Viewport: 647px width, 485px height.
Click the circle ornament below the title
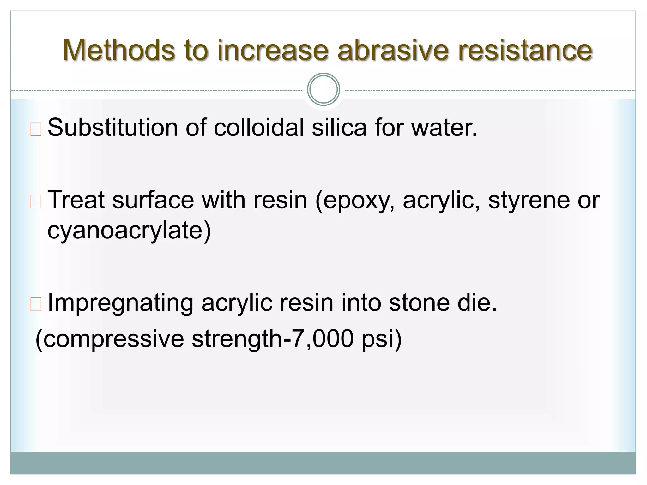coord(323,89)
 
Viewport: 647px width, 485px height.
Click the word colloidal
coord(259,128)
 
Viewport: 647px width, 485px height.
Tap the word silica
coord(339,128)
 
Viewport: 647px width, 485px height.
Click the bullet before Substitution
coord(36,130)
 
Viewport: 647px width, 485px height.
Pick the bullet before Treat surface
coord(36,202)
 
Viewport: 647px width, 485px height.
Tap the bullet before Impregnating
coord(36,305)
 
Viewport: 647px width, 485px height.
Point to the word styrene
coord(529,200)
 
